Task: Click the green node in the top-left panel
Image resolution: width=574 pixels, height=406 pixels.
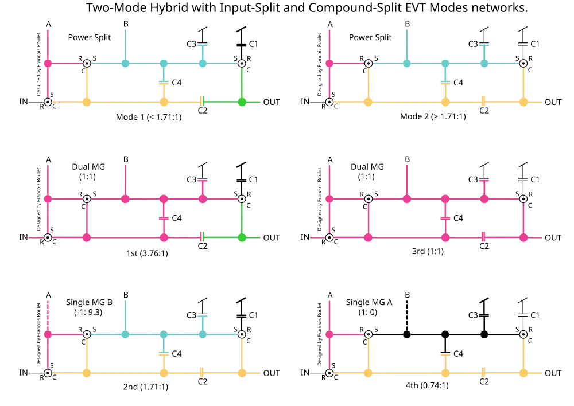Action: click(242, 102)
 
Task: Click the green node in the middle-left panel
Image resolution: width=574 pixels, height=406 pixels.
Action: click(242, 236)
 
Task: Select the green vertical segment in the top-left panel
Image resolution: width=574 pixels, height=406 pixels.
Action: click(242, 83)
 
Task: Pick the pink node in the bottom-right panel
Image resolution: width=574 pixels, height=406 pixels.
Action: click(329, 334)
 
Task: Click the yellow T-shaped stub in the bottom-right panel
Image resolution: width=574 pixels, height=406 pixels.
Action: click(445, 356)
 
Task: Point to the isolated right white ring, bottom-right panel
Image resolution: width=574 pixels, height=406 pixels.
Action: click(523, 334)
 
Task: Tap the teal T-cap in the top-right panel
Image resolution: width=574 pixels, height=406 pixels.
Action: click(484, 44)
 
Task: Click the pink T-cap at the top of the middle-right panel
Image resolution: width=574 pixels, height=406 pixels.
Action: click(484, 181)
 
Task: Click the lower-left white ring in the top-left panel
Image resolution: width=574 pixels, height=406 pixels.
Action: click(48, 102)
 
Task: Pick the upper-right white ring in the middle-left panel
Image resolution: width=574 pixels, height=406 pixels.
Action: click(242, 198)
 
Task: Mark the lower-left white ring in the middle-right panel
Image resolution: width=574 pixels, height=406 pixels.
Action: click(329, 237)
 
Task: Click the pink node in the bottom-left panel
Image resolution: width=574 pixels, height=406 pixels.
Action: click(48, 334)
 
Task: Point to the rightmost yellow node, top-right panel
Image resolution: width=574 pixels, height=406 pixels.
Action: click(523, 102)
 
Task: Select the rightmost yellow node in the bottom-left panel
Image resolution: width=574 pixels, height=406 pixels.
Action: click(242, 373)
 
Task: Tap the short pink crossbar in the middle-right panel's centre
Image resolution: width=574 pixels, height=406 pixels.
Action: click(445, 218)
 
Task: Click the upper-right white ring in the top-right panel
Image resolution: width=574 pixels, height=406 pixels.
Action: click(523, 63)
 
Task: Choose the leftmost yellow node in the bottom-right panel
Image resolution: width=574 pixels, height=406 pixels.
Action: click(368, 373)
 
